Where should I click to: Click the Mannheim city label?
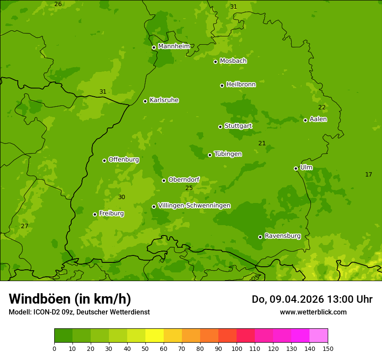click(x=174, y=46)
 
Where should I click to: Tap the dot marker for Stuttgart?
click(x=220, y=127)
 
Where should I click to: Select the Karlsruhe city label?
click(x=164, y=100)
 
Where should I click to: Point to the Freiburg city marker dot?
click(x=95, y=214)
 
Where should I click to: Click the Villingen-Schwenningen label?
click(x=194, y=206)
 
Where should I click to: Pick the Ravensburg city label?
click(x=283, y=236)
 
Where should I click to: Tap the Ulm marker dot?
click(x=296, y=168)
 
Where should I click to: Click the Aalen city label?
click(x=318, y=119)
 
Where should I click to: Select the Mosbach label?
click(x=233, y=61)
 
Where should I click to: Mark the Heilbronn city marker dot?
click(x=222, y=85)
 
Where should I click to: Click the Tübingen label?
click(x=228, y=154)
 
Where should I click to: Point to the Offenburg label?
click(x=124, y=160)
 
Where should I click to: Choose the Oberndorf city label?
click(x=184, y=180)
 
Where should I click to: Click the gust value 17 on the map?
click(x=369, y=174)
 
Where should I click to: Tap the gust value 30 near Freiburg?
click(x=122, y=197)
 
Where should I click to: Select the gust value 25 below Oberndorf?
click(x=189, y=188)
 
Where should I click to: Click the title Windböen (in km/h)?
click(x=70, y=299)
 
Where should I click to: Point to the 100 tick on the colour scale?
click(x=237, y=348)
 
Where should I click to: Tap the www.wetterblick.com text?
click(x=313, y=312)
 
